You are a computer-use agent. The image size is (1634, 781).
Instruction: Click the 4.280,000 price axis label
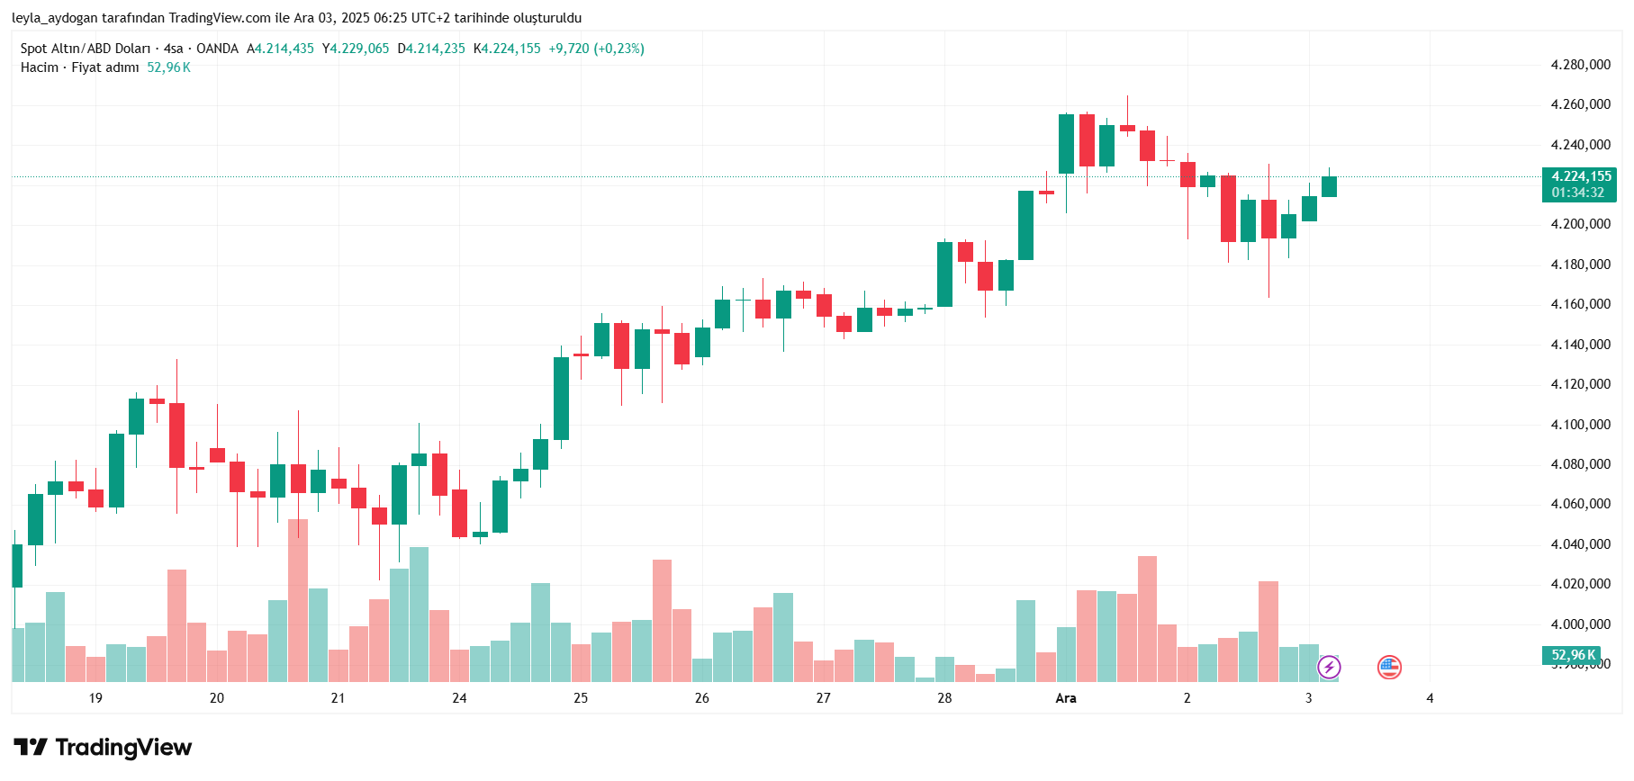pyautogui.click(x=1580, y=65)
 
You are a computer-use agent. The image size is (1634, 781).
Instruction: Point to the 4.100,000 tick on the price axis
pyautogui.click(x=1580, y=425)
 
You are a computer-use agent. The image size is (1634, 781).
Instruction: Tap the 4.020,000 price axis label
pyautogui.click(x=1580, y=584)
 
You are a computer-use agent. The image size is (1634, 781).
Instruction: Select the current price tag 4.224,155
pyautogui.click(x=1581, y=176)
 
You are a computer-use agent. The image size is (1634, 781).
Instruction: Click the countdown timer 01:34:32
pyautogui.click(x=1577, y=193)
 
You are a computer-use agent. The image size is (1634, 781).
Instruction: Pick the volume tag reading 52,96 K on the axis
pyautogui.click(x=1573, y=655)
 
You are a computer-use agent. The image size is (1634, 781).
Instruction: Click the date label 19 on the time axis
pyautogui.click(x=95, y=698)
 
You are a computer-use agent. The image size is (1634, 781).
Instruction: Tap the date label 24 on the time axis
pyautogui.click(x=459, y=698)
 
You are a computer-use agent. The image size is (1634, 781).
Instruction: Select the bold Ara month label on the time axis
pyautogui.click(x=1066, y=698)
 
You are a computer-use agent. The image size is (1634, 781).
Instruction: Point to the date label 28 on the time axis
pyautogui.click(x=944, y=698)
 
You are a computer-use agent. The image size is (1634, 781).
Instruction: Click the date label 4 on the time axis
pyautogui.click(x=1430, y=698)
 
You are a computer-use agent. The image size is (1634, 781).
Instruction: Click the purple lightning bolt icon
pyautogui.click(x=1329, y=667)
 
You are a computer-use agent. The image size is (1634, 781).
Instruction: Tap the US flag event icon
pyautogui.click(x=1389, y=667)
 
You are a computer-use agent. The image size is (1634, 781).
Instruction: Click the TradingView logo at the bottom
pyautogui.click(x=103, y=748)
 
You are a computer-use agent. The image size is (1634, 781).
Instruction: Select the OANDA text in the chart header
pyautogui.click(x=217, y=49)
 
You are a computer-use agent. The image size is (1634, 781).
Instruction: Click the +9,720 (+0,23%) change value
pyautogui.click(x=596, y=49)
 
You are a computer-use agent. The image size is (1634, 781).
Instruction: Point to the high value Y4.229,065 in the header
pyautogui.click(x=356, y=49)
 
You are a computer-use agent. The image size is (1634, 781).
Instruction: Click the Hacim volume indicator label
pyautogui.click(x=40, y=67)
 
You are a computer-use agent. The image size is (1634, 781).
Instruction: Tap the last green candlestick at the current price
pyautogui.click(x=1329, y=186)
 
